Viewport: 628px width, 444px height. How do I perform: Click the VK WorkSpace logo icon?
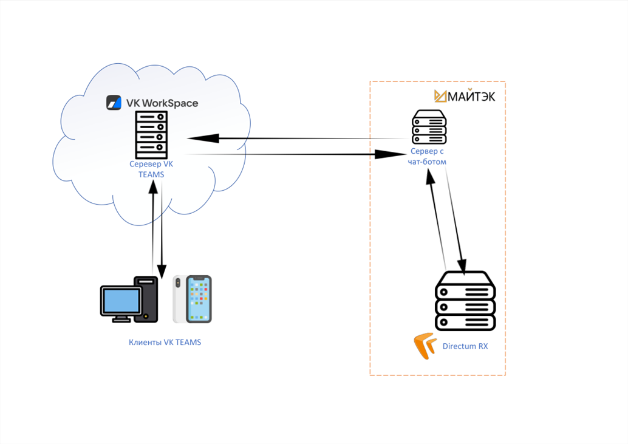pyautogui.click(x=114, y=103)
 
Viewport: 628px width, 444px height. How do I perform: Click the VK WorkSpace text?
pyautogui.click(x=162, y=103)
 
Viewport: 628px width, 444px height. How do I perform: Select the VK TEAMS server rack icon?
pyautogui.click(x=151, y=134)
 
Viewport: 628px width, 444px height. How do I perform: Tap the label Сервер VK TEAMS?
pyautogui.click(x=151, y=169)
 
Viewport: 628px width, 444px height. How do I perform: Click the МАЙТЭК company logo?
pyautogui.click(x=465, y=95)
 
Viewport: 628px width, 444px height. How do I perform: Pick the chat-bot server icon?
pyautogui.click(x=429, y=126)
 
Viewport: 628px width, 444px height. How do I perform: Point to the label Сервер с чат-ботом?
pyautogui.click(x=428, y=156)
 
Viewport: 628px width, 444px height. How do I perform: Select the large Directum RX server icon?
pyautogui.click(x=466, y=301)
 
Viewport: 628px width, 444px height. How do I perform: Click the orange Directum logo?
pyautogui.click(x=425, y=346)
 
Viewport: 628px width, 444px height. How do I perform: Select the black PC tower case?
pyautogui.click(x=146, y=299)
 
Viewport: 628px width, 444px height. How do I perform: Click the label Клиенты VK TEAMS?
pyautogui.click(x=165, y=343)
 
